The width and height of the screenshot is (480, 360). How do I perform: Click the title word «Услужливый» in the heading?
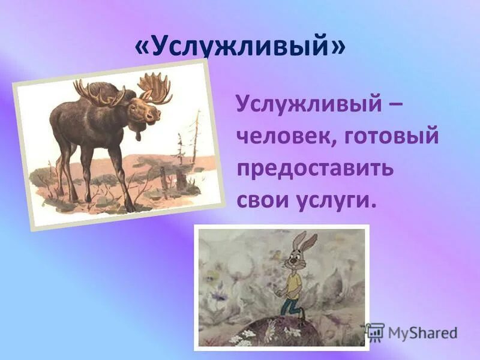pyautogui.click(x=241, y=48)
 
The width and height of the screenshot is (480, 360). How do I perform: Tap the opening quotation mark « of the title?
pyautogui.click(x=143, y=48)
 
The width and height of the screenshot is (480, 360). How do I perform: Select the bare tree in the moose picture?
pyautogui.click(x=194, y=141)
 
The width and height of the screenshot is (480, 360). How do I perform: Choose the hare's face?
pyautogui.click(x=293, y=262)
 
